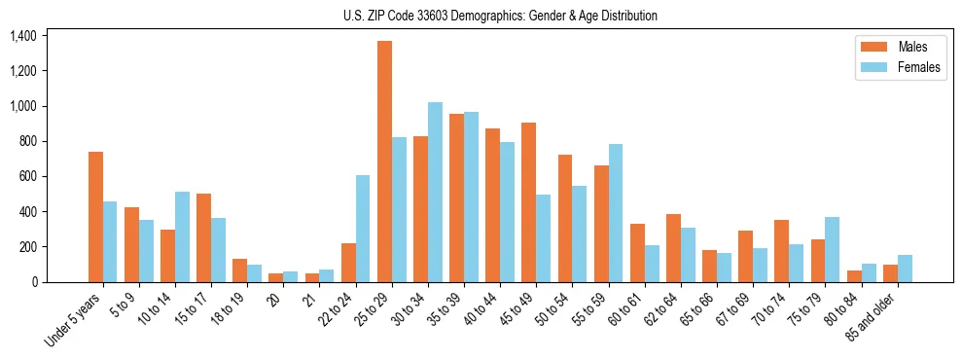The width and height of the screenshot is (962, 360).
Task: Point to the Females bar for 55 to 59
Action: [615, 213]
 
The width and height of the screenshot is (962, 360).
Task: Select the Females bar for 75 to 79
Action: [832, 249]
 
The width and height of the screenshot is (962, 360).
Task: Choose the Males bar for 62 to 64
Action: [673, 248]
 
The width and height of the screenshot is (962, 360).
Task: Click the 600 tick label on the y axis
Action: [26, 177]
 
